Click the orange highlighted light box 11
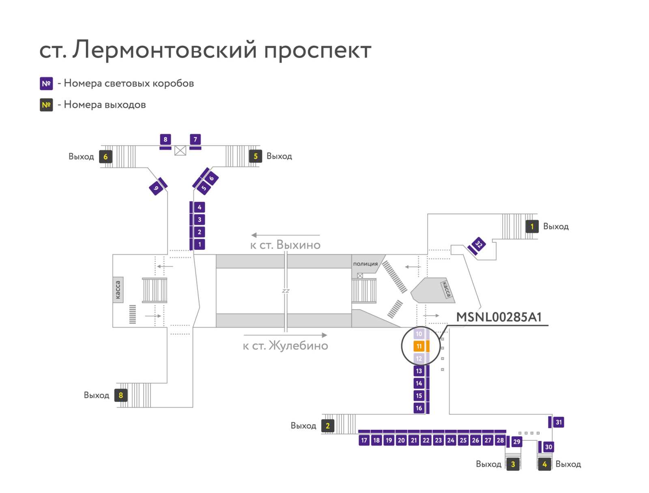(418, 346)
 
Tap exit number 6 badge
(105, 156)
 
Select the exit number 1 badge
(532, 227)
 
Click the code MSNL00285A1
(499, 317)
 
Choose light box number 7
(195, 139)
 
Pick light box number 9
(156, 188)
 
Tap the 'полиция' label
(365, 264)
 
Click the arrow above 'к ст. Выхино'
(285, 235)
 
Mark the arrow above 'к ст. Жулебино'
(285, 335)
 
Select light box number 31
(559, 422)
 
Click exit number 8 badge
(121, 395)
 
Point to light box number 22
(426, 440)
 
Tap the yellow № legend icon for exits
(46, 105)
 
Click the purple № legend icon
(46, 84)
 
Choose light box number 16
(419, 408)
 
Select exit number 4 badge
(544, 464)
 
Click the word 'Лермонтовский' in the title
(165, 50)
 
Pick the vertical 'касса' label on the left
(118, 290)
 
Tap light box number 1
(200, 244)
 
